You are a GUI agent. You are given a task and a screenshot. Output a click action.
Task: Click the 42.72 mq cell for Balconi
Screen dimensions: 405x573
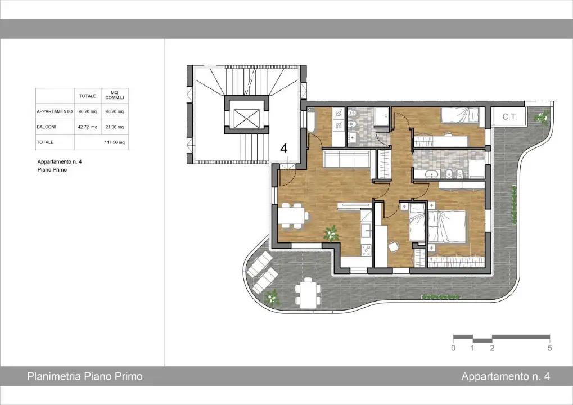87,127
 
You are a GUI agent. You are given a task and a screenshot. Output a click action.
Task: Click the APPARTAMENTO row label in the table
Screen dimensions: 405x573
55,111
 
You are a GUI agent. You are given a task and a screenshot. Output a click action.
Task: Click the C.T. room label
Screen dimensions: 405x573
509,117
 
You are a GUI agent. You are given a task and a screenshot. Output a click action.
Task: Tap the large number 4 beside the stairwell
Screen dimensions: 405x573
284,148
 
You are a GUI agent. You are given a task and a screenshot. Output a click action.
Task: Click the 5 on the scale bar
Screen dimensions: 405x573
549,348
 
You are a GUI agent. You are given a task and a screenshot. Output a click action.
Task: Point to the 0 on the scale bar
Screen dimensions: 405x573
453,348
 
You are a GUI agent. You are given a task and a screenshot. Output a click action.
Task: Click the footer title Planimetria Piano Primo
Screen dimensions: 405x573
85,376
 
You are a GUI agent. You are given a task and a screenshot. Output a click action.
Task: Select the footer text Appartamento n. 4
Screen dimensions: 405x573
505,376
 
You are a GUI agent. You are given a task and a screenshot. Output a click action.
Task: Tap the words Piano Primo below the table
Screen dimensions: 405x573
52,169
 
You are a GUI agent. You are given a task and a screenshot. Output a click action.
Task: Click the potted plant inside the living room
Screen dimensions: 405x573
331,232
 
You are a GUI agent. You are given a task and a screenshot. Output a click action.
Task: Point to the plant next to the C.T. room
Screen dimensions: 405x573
543,117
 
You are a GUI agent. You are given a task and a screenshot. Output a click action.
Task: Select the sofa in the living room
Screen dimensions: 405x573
346,159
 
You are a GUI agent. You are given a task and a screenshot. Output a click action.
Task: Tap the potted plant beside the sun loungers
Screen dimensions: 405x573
273,296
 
